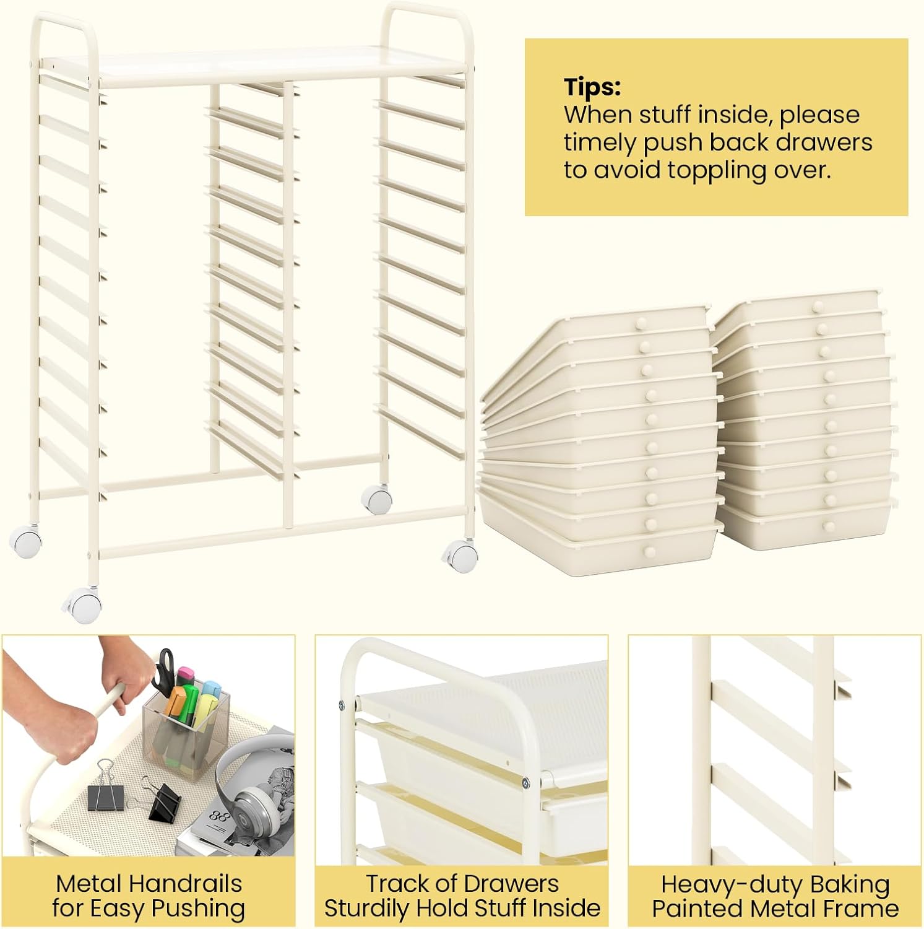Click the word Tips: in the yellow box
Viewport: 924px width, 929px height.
592,87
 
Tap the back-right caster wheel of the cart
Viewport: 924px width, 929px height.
376,498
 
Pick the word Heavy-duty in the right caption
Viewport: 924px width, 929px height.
721,884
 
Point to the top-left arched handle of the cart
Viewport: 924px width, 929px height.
62,15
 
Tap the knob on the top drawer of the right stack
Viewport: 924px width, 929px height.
819,306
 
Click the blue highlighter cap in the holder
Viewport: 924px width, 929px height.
212,689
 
